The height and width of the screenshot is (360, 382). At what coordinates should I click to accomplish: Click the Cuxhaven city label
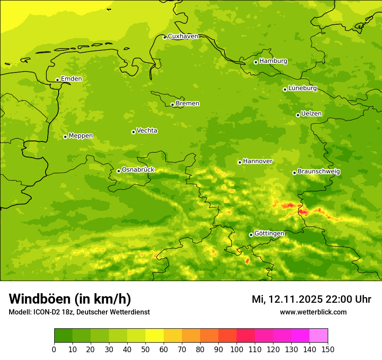[x=183, y=36]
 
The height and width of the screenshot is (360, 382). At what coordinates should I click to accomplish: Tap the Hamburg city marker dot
[x=256, y=62]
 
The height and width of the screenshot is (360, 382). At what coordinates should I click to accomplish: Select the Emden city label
[x=71, y=79]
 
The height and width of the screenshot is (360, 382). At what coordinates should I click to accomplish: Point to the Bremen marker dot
[x=172, y=105]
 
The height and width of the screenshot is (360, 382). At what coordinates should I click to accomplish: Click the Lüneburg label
[x=303, y=88]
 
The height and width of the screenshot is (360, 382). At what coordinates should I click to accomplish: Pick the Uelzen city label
[x=311, y=114]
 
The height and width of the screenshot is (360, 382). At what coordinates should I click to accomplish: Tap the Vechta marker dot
[x=133, y=132]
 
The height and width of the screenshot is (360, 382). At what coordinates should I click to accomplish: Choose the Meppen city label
[x=81, y=136]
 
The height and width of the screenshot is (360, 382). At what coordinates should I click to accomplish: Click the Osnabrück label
[x=138, y=170]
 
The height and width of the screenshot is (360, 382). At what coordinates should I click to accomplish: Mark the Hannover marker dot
[x=240, y=162]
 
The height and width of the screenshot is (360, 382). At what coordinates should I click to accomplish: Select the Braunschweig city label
[x=319, y=172]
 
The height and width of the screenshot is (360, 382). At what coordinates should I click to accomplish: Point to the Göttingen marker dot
[x=251, y=235]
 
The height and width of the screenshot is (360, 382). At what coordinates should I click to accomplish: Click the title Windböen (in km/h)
[x=70, y=299]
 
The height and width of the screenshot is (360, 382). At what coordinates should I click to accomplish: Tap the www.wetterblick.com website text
[x=313, y=312]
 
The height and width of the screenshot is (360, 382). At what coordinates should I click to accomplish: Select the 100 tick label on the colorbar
[x=236, y=349]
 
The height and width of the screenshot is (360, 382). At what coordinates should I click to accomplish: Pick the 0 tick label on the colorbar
[x=54, y=349]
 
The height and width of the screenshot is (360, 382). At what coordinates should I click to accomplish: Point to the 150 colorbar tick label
[x=327, y=349]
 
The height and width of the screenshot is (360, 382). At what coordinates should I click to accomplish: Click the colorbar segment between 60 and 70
[x=173, y=335]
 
